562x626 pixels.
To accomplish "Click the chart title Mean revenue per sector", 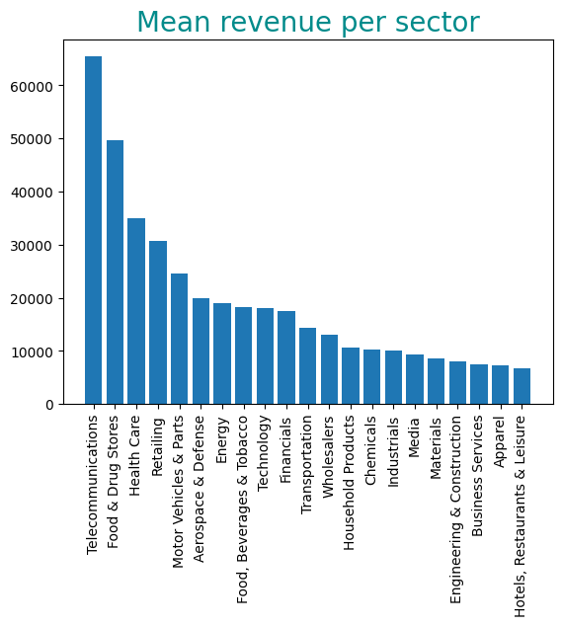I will [x=307, y=23].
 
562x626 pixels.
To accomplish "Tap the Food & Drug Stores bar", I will [x=115, y=273].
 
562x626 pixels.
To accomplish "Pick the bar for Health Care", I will [x=136, y=311].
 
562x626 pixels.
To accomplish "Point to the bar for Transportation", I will [x=307, y=366].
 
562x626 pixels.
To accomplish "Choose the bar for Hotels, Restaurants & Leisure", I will [x=522, y=386].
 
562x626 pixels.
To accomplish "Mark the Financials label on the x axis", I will [x=286, y=448].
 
